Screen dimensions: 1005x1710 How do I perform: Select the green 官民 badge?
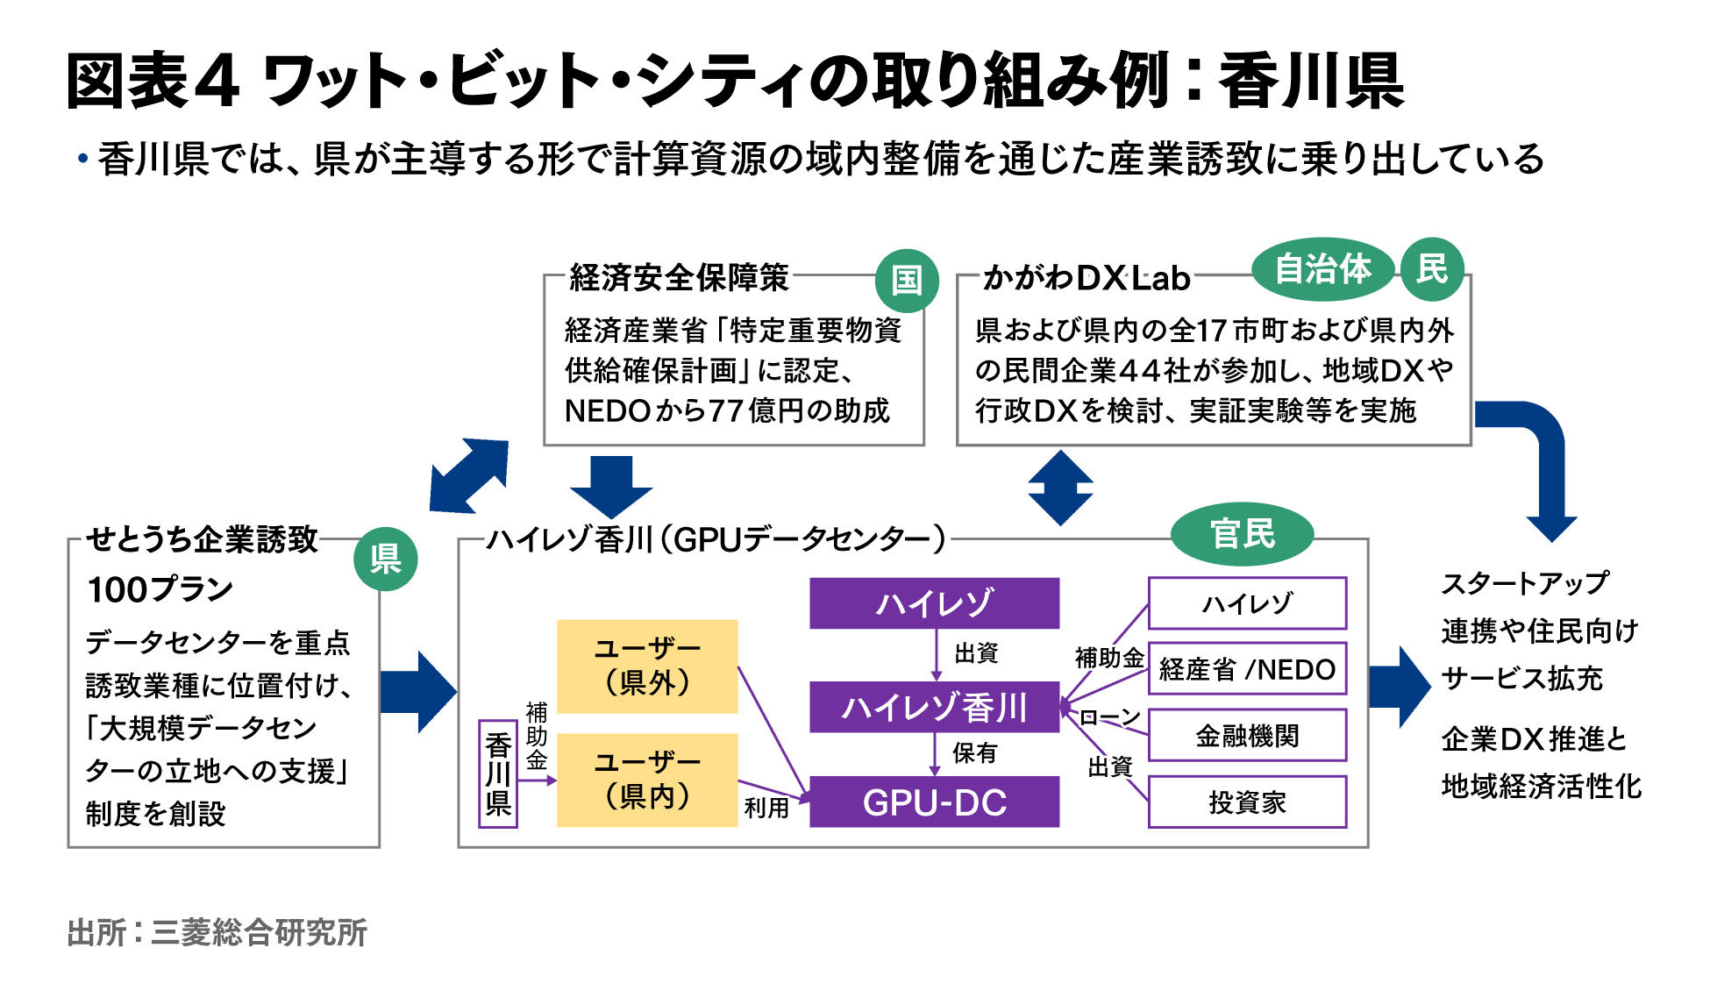click(x=1242, y=533)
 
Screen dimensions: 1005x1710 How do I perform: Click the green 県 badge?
click(x=385, y=559)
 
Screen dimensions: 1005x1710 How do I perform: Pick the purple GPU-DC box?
click(x=934, y=802)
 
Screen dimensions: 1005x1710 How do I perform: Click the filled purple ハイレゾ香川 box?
click(x=934, y=707)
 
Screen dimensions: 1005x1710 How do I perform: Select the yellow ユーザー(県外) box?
click(x=647, y=666)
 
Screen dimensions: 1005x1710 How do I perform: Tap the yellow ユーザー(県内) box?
click(x=647, y=780)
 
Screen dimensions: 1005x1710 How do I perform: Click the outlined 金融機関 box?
click(x=1246, y=735)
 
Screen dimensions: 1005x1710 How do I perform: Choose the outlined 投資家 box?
click(x=1246, y=802)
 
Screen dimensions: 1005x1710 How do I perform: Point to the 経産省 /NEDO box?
click(x=1246, y=669)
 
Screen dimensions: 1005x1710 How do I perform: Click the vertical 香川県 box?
click(x=498, y=773)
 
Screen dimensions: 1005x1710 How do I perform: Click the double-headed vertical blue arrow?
click(x=1060, y=488)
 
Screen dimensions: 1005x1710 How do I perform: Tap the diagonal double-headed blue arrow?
click(x=469, y=475)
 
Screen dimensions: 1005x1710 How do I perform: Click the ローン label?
click(x=1108, y=717)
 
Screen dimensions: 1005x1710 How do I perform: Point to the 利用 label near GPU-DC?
click(x=766, y=808)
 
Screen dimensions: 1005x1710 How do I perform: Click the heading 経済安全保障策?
click(x=680, y=277)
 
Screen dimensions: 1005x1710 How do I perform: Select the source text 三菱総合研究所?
click(x=259, y=932)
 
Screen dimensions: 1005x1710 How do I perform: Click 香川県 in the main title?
click(x=1310, y=82)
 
